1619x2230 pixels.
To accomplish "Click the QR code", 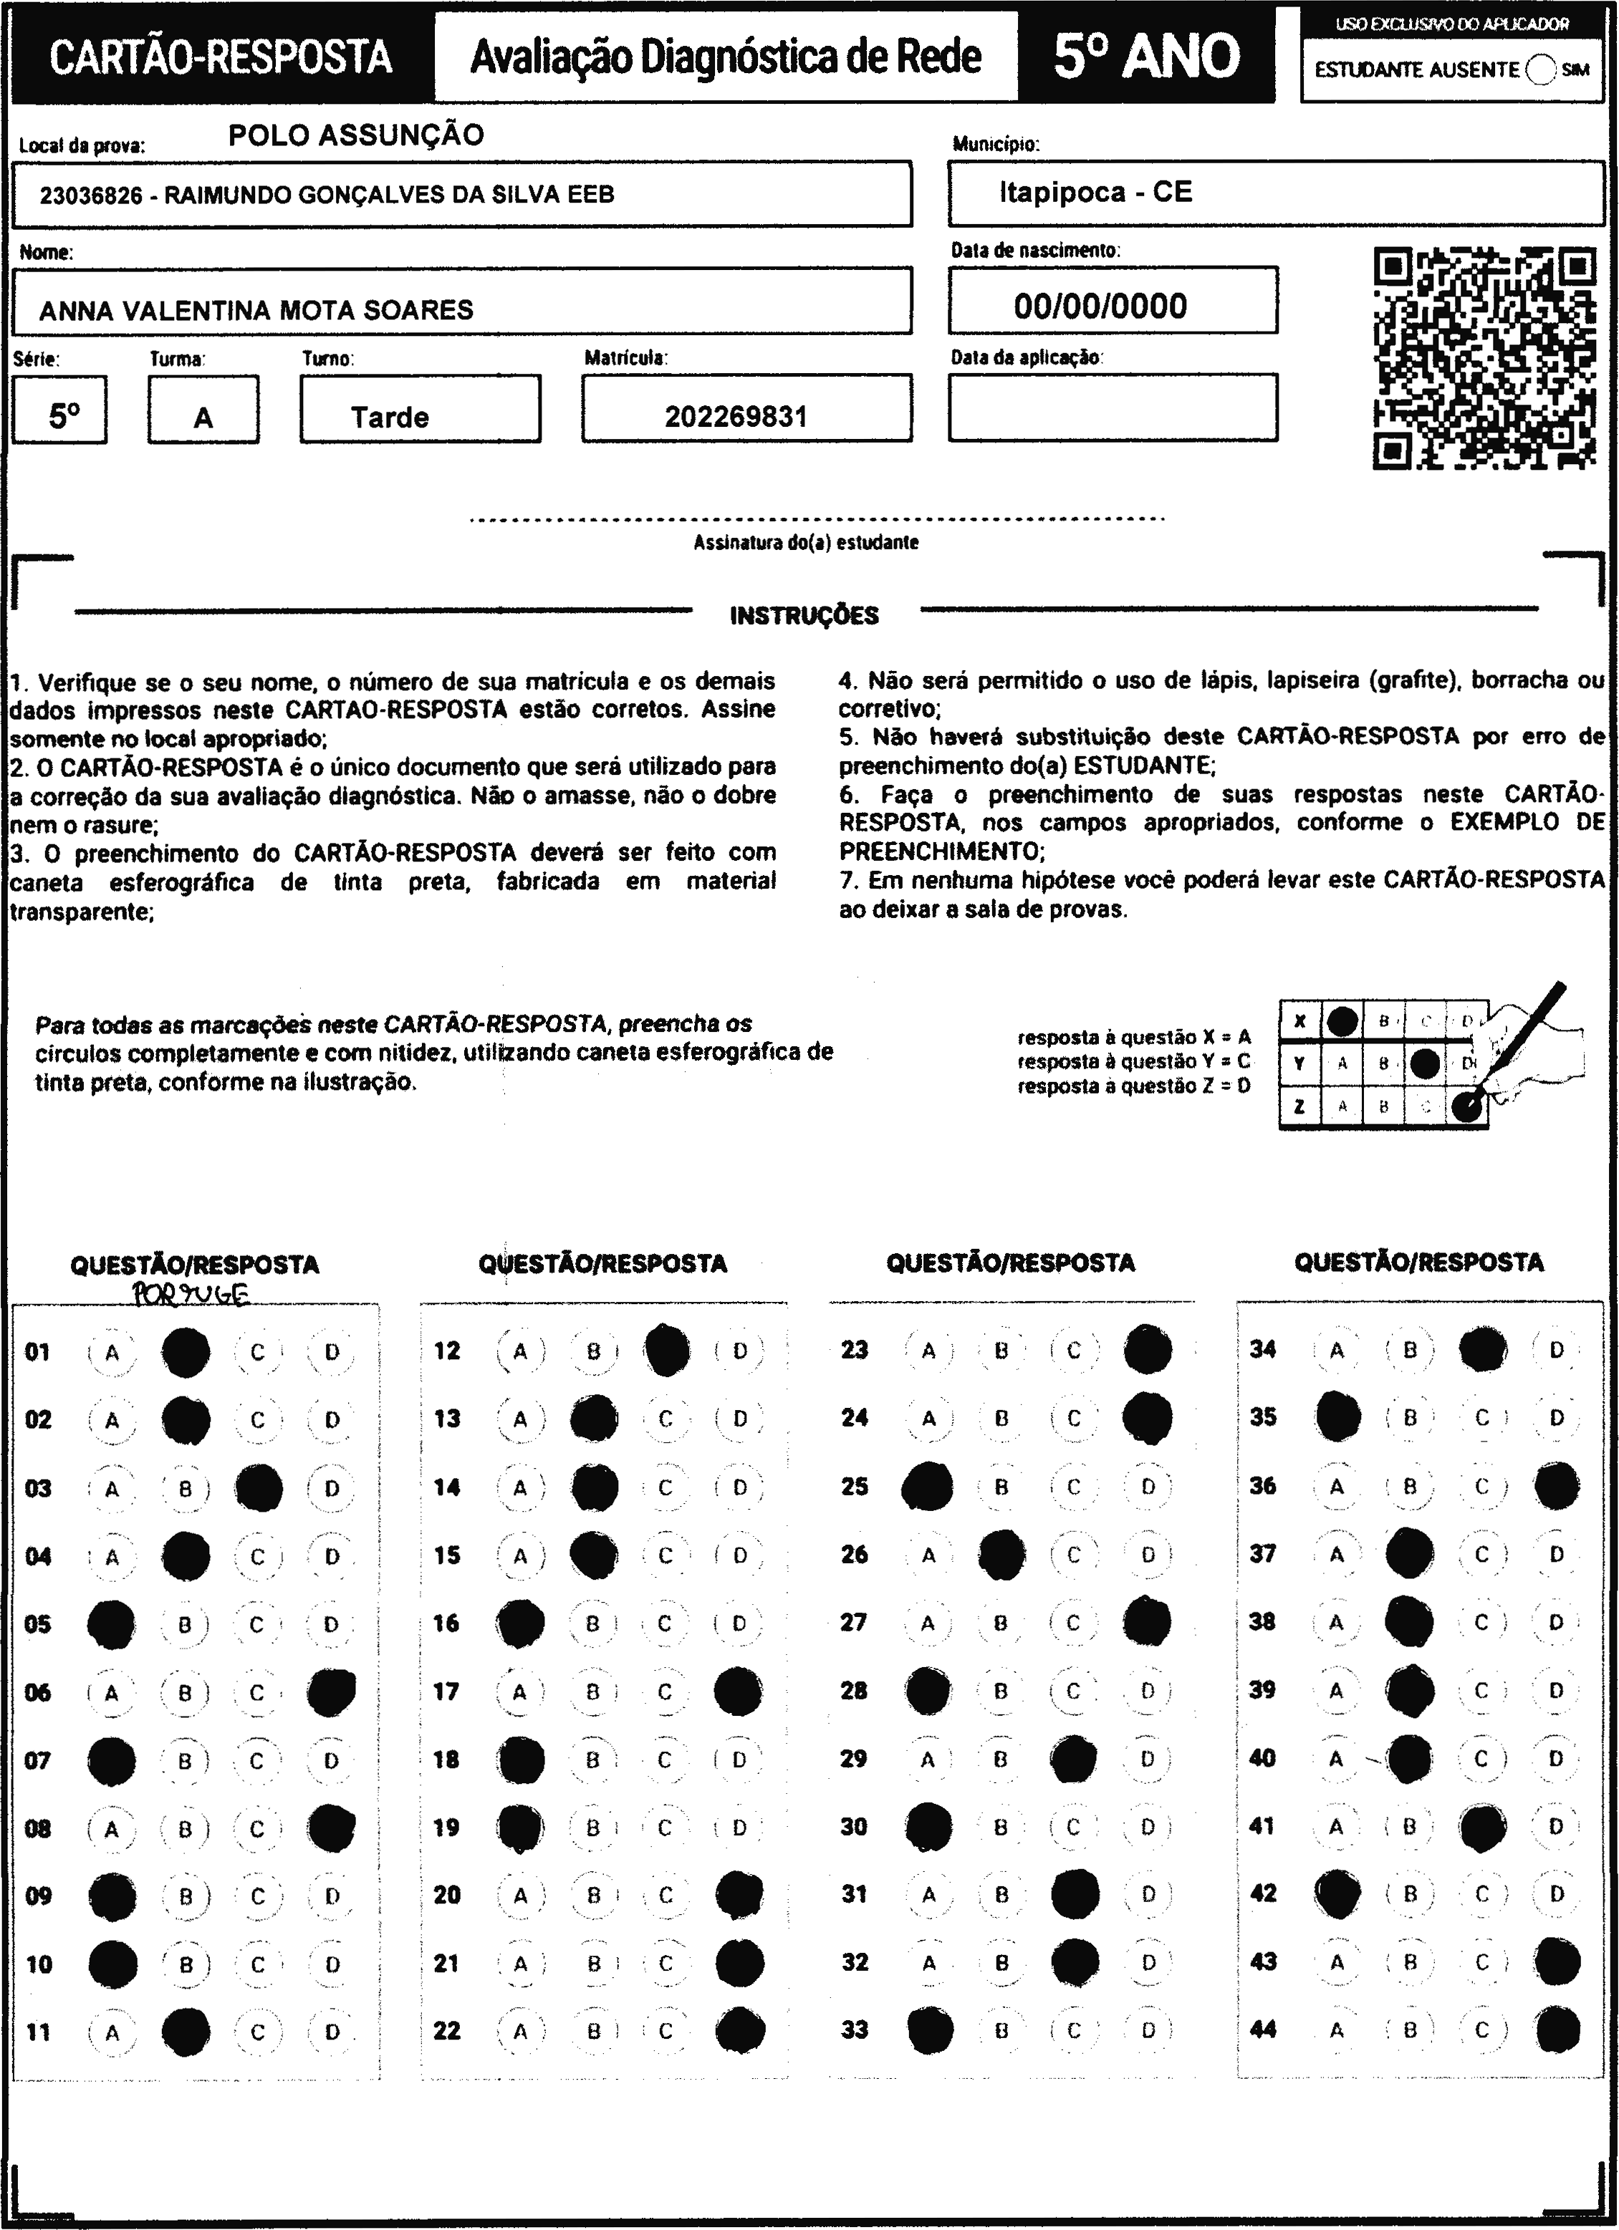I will (1484, 359).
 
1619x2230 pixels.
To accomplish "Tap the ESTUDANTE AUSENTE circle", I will (1542, 69).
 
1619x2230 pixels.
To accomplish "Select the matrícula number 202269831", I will (736, 417).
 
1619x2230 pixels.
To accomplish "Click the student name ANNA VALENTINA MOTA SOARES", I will (256, 311).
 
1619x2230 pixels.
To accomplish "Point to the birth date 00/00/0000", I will (1100, 306).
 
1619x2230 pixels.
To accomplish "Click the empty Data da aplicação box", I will (1113, 407).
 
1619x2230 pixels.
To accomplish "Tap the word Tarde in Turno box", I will (390, 417).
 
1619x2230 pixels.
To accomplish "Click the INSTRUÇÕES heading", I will (804, 617).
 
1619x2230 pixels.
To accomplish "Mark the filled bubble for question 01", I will (185, 1352).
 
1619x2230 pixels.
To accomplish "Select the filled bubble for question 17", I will (738, 1691).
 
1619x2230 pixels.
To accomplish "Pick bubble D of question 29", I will (1147, 1759).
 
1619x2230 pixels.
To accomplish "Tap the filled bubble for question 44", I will (1556, 2029).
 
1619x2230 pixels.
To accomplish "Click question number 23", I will (855, 1349).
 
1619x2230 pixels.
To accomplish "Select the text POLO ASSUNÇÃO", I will (356, 135).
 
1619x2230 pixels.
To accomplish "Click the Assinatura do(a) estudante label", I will (806, 543).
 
